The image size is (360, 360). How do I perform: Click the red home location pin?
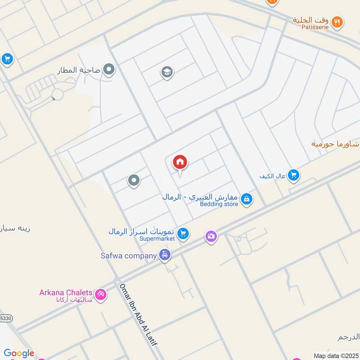[180, 162]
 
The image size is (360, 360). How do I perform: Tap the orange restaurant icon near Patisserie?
[337, 21]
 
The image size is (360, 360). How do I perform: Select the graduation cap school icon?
[167, 72]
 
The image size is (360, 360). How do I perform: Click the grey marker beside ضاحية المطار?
[109, 70]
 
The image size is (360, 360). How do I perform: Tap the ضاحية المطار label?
[79, 70]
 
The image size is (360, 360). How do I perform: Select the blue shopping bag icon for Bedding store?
[246, 198]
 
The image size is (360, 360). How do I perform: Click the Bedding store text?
[219, 204]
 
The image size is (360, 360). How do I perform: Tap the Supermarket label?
[157, 238]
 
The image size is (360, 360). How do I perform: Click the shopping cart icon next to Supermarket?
[183, 234]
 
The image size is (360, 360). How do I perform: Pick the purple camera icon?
[211, 236]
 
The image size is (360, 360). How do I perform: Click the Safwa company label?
[129, 256]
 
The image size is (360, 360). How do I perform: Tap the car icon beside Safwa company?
[165, 256]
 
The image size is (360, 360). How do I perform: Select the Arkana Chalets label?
[66, 292]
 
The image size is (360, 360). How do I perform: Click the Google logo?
[19, 353]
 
